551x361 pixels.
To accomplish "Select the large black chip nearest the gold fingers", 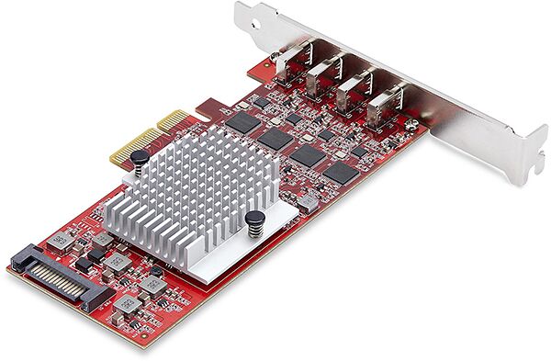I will (x=242, y=120).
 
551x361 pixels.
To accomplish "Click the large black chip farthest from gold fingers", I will (x=341, y=172).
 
